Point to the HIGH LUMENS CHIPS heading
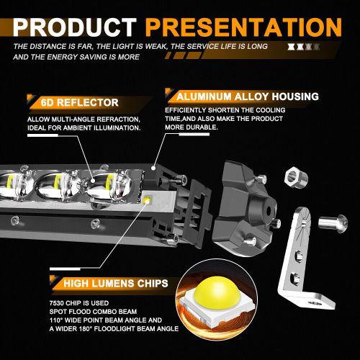(114, 283)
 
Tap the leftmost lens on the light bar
(13, 186)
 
